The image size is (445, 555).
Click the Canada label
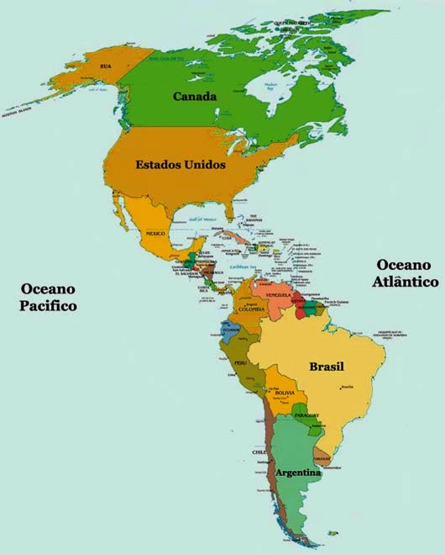click(195, 97)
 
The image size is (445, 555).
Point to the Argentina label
click(298, 473)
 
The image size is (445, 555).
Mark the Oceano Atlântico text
click(406, 274)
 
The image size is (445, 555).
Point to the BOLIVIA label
click(285, 393)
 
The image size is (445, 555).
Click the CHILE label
click(259, 452)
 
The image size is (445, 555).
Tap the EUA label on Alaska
click(106, 66)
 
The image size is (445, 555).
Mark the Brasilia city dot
click(342, 387)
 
